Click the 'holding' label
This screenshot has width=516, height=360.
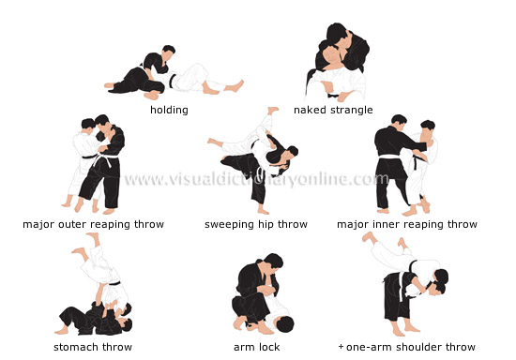click(169, 110)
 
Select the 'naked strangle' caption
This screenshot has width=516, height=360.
click(333, 110)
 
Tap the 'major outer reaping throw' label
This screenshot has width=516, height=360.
click(94, 224)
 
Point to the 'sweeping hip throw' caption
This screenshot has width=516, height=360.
click(256, 224)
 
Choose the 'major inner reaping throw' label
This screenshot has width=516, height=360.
click(407, 224)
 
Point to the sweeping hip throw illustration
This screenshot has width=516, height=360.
click(255, 159)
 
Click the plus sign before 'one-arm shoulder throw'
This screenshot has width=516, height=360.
click(341, 347)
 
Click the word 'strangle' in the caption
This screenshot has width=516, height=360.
click(351, 110)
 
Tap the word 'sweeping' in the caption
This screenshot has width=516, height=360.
click(229, 224)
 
